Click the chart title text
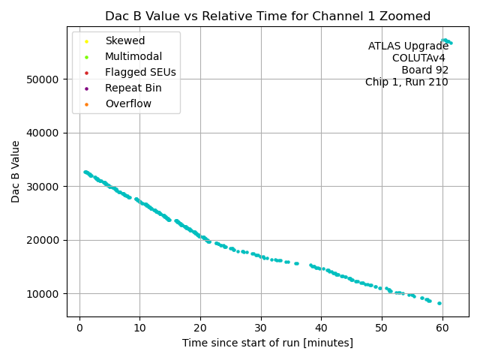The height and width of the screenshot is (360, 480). [268, 16]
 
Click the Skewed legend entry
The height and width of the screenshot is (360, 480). [124, 40]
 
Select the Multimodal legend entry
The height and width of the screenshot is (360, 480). [133, 56]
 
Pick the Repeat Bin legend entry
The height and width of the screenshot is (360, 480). [133, 88]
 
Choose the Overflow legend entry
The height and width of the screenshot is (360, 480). [128, 103]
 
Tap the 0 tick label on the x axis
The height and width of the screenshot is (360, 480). [79, 327]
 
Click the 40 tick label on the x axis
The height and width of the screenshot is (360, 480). [321, 327]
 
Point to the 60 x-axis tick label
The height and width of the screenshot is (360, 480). [442, 327]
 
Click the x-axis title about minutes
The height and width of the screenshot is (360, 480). [268, 343]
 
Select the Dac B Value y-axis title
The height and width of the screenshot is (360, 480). [16, 171]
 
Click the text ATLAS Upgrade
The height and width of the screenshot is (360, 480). [408, 46]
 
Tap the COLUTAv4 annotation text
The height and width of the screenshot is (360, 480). [420, 58]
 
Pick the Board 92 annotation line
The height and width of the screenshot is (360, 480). [424, 70]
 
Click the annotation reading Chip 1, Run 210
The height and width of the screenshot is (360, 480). [406, 82]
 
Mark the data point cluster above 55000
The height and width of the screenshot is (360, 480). [446, 41]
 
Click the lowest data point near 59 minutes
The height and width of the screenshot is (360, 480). [439, 303]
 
